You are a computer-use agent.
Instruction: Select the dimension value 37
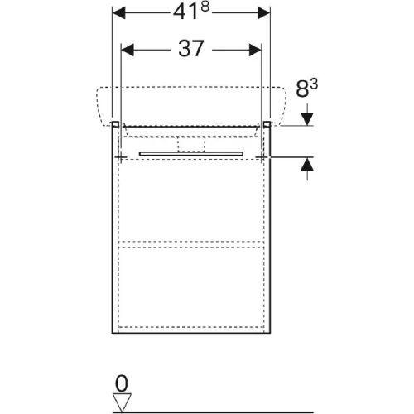(191, 49)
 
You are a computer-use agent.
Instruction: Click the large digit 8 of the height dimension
(302, 89)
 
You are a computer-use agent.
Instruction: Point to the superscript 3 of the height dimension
(314, 84)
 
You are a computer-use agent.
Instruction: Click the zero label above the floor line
(122, 383)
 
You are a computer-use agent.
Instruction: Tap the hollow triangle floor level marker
(122, 402)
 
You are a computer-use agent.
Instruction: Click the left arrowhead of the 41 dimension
(118, 13)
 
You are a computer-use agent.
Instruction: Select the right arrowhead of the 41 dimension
(263, 13)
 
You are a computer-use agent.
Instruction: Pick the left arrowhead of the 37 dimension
(128, 50)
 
